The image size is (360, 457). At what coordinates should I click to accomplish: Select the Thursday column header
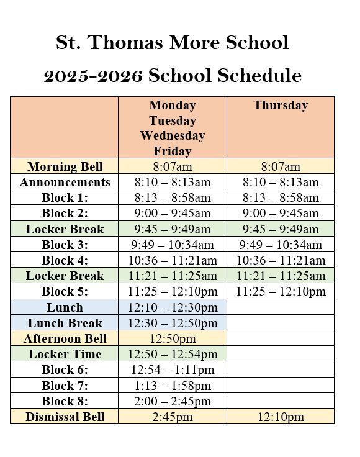[x=281, y=106]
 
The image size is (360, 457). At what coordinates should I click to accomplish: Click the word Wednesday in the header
[x=173, y=135]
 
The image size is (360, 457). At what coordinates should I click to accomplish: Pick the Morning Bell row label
[x=65, y=166]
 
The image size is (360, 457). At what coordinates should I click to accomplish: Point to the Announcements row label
[x=65, y=182]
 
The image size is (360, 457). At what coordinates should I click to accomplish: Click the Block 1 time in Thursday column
[x=281, y=197]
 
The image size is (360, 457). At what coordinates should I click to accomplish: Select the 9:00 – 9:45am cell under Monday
[x=173, y=213]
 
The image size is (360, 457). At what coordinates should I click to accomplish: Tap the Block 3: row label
[x=65, y=245]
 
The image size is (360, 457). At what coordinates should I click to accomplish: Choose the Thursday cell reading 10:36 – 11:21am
[x=281, y=260]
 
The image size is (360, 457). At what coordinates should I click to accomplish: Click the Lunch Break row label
[x=65, y=323]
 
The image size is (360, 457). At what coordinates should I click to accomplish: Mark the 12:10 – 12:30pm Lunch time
[x=173, y=307]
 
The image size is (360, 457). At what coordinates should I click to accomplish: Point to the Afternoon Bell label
[x=65, y=338]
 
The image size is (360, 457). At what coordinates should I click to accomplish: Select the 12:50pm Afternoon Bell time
[x=173, y=338]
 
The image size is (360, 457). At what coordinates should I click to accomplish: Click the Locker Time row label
[x=65, y=354]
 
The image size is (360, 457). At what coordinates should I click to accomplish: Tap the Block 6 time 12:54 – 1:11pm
[x=173, y=370]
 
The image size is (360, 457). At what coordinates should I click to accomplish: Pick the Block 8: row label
[x=65, y=401]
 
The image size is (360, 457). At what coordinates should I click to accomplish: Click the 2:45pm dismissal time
[x=173, y=417]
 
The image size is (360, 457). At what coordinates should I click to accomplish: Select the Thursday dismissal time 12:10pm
[x=281, y=417]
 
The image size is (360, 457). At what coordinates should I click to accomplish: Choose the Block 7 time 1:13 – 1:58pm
[x=173, y=386]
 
